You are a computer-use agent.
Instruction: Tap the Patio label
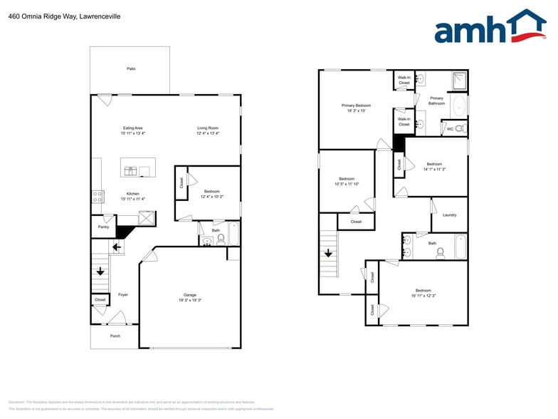131,68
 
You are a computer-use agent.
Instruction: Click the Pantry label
104,227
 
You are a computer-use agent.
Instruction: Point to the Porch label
115,336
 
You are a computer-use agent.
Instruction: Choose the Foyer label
123,294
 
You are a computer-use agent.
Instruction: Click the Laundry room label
449,214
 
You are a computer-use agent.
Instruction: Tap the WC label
450,128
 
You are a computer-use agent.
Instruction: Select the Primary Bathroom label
436,100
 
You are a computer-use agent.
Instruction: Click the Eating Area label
133,128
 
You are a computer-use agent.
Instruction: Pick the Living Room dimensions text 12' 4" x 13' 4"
208,133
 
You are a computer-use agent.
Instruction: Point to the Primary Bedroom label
356,105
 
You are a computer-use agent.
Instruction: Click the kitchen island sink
131,171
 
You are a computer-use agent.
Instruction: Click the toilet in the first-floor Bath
221,239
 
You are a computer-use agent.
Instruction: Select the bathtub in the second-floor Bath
459,247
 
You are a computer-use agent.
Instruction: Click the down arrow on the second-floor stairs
328,253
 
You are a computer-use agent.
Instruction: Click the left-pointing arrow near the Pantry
116,247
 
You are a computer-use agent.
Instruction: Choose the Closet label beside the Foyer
100,300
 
